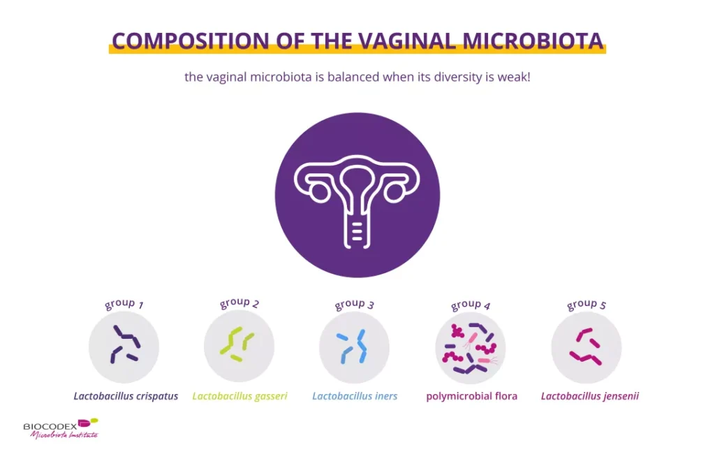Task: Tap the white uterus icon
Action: click(357, 196)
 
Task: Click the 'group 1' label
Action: click(124, 304)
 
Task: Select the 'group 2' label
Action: click(239, 303)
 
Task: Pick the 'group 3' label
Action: click(355, 304)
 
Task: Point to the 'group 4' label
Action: click(471, 305)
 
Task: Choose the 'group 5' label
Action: click(587, 304)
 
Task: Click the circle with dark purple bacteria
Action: click(124, 347)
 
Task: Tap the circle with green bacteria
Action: click(239, 347)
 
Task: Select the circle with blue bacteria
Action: click(354, 347)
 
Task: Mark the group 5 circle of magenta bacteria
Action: click(586, 347)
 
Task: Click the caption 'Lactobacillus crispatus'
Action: click(126, 396)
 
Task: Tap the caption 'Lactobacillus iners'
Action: click(355, 396)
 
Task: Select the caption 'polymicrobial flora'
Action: click(471, 396)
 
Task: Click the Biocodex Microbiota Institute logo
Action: click(61, 428)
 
